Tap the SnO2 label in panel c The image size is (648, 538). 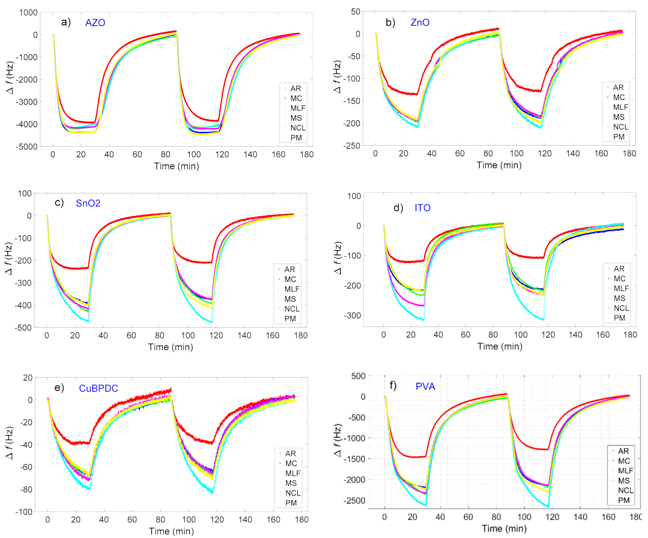(88, 203)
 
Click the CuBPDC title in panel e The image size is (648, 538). (98, 388)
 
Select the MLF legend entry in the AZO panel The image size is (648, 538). (297, 108)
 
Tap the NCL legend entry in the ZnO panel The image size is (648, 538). (620, 127)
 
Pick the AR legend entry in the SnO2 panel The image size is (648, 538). (289, 269)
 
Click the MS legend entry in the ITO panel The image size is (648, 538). (619, 298)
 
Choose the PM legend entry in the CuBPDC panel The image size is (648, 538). (291, 503)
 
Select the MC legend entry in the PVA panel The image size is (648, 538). (624, 461)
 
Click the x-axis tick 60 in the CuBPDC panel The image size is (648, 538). (132, 520)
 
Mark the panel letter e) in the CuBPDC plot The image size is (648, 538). (59, 388)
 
